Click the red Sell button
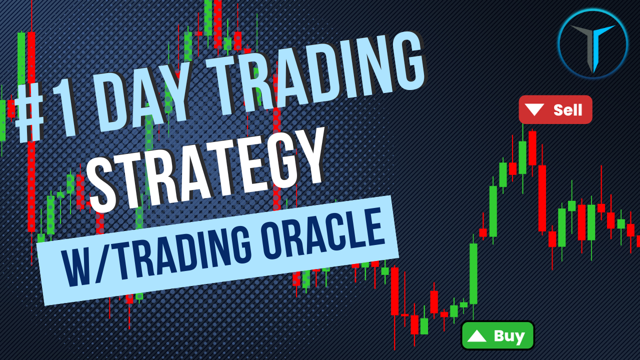pyautogui.click(x=555, y=109)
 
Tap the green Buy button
pyautogui.click(x=497, y=335)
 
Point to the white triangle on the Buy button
pyautogui.click(x=476, y=336)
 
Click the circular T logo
pyautogui.click(x=593, y=44)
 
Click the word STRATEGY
pyautogui.click(x=207, y=167)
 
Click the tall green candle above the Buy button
pyautogui.click(x=473, y=273)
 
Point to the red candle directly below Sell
pyautogui.click(x=532, y=148)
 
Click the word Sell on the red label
pyautogui.click(x=567, y=110)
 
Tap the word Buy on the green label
pyautogui.click(x=509, y=336)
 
